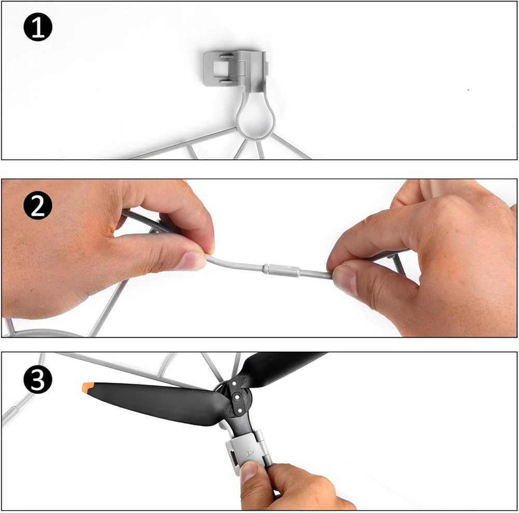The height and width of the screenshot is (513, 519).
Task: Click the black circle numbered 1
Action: (x=38, y=27)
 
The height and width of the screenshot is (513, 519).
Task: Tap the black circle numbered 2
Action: (x=38, y=205)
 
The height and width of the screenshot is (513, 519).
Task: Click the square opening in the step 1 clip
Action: (x=220, y=68)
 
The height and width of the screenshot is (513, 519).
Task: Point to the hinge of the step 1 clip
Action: (x=242, y=69)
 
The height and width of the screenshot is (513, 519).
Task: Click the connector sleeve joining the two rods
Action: (x=281, y=270)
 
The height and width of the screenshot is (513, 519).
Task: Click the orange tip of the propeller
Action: (x=88, y=387)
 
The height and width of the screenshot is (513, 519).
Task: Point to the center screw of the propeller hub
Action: (x=237, y=397)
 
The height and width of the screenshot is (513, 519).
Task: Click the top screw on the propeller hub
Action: (x=235, y=384)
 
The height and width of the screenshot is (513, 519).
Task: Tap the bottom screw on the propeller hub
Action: (x=239, y=410)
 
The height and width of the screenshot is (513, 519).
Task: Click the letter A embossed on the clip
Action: (x=249, y=453)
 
